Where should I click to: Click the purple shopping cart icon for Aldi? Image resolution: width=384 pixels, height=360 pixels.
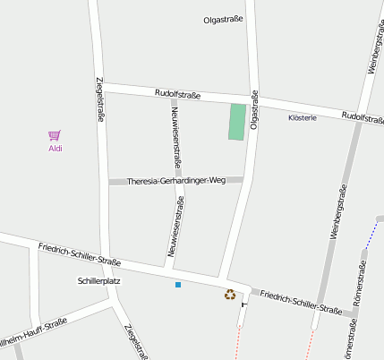click(55, 135)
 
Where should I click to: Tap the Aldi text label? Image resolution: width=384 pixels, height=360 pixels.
click(55, 149)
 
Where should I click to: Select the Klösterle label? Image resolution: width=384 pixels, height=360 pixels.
click(303, 118)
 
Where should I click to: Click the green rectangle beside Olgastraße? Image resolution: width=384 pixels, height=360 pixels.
click(236, 122)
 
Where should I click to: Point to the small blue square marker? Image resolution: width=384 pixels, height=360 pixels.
click(178, 285)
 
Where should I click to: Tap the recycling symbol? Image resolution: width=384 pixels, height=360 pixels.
click(230, 294)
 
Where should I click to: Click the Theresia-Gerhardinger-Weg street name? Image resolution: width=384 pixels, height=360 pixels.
click(176, 181)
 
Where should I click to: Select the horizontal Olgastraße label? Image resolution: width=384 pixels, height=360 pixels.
click(223, 19)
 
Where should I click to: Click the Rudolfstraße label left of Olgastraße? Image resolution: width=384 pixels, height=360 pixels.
click(177, 94)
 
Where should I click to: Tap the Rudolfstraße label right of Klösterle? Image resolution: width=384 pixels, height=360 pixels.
click(363, 117)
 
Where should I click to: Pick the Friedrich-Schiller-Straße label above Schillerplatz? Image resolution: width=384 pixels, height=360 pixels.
click(79, 254)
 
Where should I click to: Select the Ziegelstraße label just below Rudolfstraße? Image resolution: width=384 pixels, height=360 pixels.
click(98, 100)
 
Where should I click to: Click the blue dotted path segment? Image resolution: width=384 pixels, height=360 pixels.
click(371, 236)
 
